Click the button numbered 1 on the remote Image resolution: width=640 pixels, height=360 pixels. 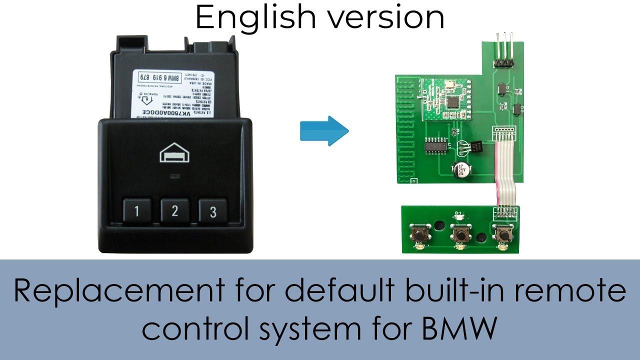[x=136, y=210]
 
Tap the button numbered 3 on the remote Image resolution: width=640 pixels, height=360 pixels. [x=212, y=210]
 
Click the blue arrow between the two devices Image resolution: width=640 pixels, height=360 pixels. [x=324, y=131]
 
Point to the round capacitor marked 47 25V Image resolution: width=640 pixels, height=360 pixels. [x=460, y=170]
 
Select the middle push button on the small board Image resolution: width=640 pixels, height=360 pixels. [x=458, y=233]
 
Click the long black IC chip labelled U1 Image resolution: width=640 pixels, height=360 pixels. [x=435, y=146]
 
